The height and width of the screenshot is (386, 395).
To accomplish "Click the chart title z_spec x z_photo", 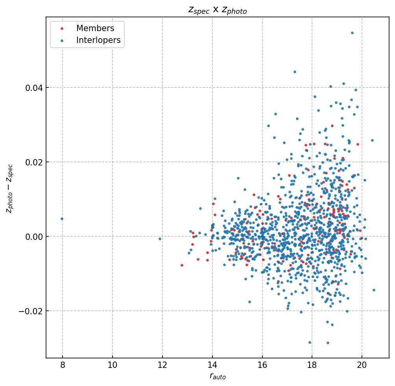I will (x=217, y=11).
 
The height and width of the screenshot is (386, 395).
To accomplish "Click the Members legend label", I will (x=95, y=28).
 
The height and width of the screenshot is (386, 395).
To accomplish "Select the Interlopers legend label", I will (x=98, y=40).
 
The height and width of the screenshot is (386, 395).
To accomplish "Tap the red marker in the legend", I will (x=61, y=29).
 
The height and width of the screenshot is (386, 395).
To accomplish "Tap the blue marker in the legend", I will (x=61, y=41).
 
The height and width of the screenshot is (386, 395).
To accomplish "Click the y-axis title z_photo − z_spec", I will (x=9, y=189).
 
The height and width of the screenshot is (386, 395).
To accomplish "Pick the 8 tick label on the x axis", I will (x=63, y=365).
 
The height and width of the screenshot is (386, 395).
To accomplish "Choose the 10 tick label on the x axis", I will (x=113, y=365).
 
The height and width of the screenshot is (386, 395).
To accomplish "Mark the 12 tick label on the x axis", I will (x=162, y=365).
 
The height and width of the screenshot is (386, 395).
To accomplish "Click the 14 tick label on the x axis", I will (x=212, y=365).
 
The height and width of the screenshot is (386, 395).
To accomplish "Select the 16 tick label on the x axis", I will (x=262, y=365).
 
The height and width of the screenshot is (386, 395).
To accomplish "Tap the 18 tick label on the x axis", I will (x=312, y=365).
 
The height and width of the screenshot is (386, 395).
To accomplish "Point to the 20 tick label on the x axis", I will (x=362, y=365).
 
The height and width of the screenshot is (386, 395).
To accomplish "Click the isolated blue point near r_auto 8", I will (x=62, y=219).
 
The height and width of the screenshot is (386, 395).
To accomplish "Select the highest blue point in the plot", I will (x=352, y=33).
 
